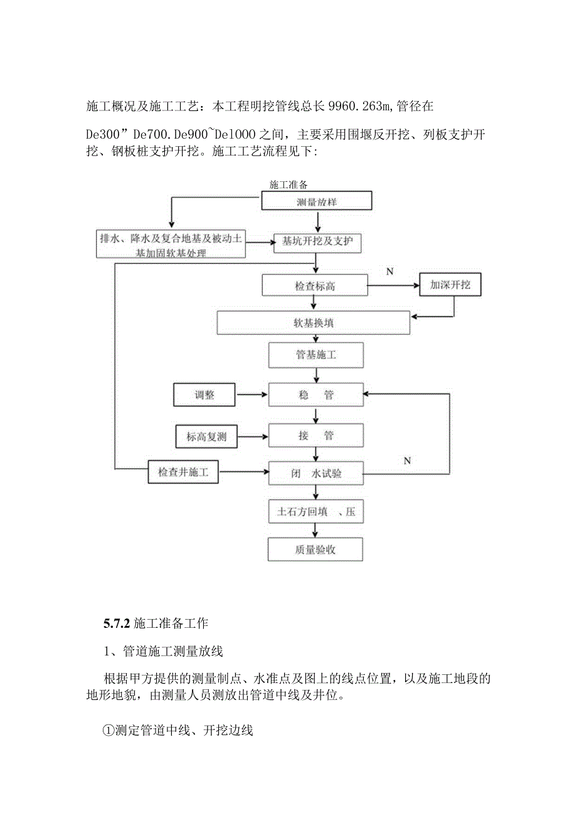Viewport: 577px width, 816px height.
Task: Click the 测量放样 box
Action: click(317, 201)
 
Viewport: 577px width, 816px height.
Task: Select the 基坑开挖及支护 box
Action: click(318, 242)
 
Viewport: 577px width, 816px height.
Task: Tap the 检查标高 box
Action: click(315, 286)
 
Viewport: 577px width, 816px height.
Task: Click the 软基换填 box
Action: click(314, 324)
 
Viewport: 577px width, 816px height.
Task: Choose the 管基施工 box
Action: click(315, 355)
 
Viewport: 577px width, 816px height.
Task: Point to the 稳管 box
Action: click(315, 395)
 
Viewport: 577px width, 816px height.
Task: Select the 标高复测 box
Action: click(206, 437)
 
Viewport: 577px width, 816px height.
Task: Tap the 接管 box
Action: click(315, 435)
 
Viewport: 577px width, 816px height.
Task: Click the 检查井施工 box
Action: click(183, 472)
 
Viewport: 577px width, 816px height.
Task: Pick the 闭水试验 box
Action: click(315, 473)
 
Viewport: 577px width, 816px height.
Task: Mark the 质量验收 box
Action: click(315, 549)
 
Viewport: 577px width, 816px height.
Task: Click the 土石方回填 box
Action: click(315, 512)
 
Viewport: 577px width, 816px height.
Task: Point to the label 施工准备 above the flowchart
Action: click(288, 184)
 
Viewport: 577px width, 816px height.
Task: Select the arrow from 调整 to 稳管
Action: click(251, 395)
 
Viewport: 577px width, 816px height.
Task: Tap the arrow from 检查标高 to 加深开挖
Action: click(393, 286)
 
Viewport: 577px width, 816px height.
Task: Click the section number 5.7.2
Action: click(116, 623)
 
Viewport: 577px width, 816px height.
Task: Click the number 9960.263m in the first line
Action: click(364, 107)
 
